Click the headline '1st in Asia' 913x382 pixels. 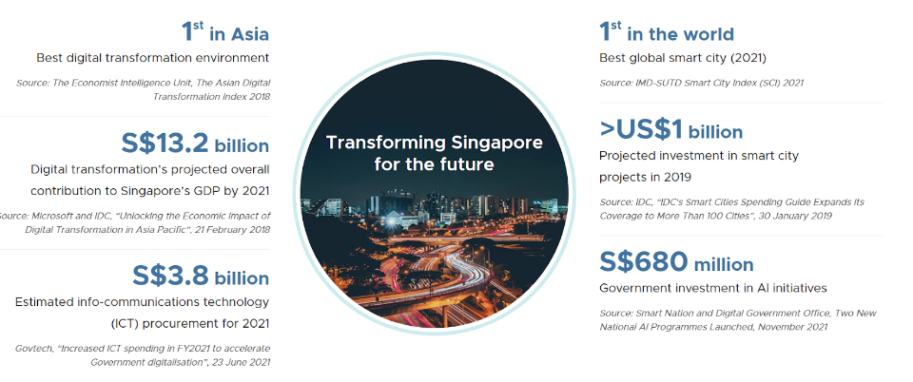225,32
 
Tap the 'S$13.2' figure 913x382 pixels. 165,143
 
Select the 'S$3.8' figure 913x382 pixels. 170,277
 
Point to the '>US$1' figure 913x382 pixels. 640,130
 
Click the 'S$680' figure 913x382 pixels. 644,262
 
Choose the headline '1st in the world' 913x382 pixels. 667,32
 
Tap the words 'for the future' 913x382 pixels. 434,164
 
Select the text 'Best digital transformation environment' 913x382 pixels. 152,58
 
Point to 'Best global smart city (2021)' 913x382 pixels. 683,58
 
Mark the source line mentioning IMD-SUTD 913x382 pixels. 701,83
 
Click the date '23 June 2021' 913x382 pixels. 244,362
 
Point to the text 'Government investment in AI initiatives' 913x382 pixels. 713,288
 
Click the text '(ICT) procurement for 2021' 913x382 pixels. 189,323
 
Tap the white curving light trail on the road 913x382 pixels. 455,274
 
